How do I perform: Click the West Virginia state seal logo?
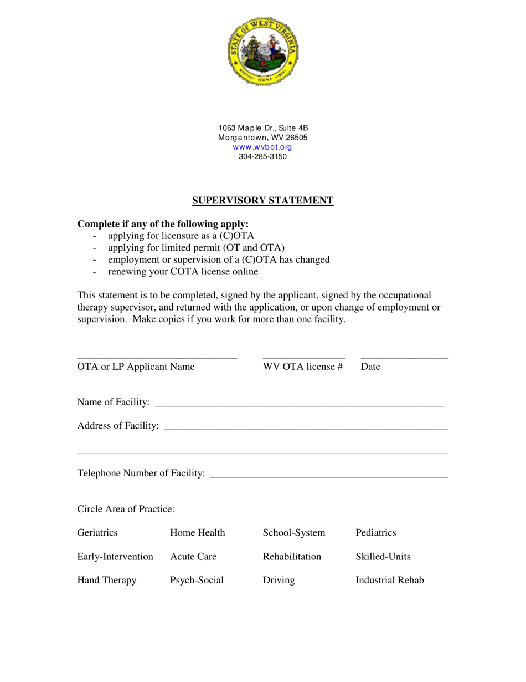pyautogui.click(x=262, y=50)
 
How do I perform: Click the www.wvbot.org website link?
pyautogui.click(x=262, y=147)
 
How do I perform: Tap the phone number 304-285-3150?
pyautogui.click(x=262, y=156)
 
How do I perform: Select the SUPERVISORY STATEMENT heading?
pyautogui.click(x=262, y=201)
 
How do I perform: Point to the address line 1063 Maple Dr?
pyautogui.click(x=262, y=128)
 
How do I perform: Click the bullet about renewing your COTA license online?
pyautogui.click(x=183, y=272)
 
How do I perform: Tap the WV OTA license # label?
pyautogui.click(x=303, y=367)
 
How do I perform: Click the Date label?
pyautogui.click(x=370, y=367)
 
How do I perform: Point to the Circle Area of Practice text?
pyautogui.click(x=126, y=509)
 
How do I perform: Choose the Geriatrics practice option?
pyautogui.click(x=97, y=533)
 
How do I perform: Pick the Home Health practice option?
pyautogui.click(x=197, y=533)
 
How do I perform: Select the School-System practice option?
pyautogui.click(x=293, y=533)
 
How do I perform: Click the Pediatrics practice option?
pyautogui.click(x=375, y=533)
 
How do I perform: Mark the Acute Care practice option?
pyautogui.click(x=193, y=557)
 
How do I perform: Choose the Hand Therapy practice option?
pyautogui.click(x=106, y=581)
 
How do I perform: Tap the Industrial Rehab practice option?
pyautogui.click(x=389, y=581)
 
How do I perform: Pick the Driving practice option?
pyautogui.click(x=279, y=581)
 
